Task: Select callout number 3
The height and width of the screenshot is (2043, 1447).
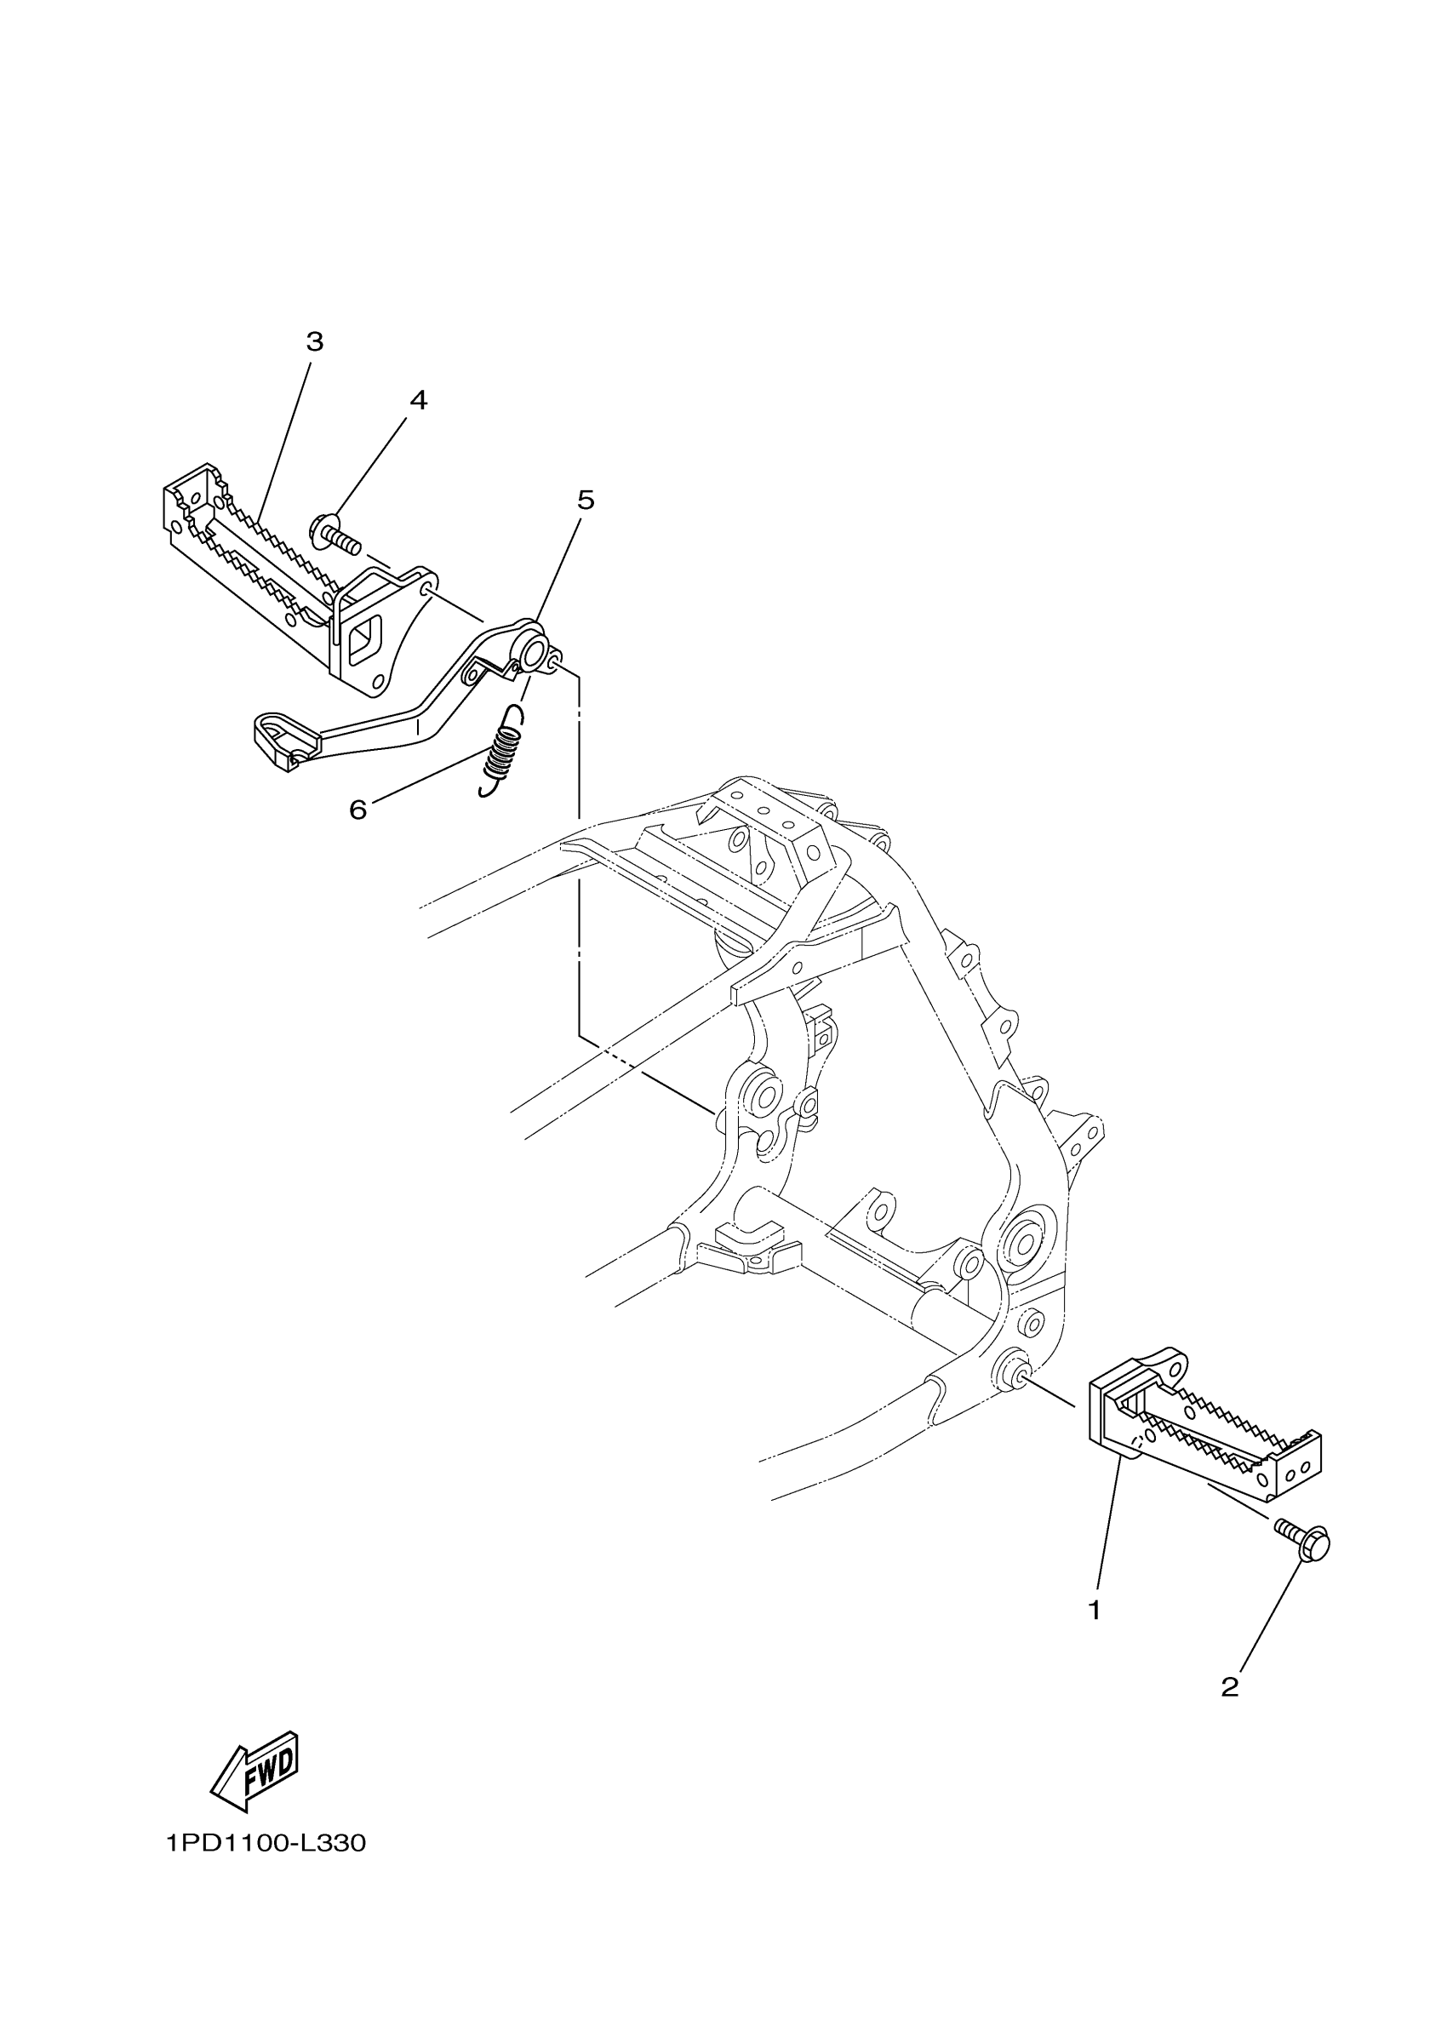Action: (315, 342)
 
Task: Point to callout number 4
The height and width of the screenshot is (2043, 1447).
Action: (418, 401)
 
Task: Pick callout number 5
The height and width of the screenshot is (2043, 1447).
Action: (586, 501)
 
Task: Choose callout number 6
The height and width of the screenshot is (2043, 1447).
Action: (357, 810)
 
